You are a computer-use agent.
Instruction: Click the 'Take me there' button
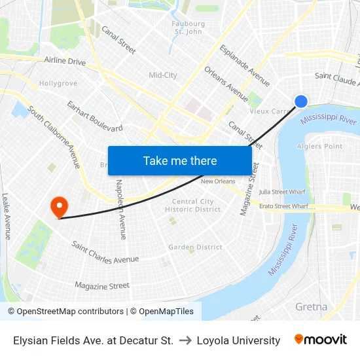coord(180,160)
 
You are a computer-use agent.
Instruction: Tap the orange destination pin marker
coord(60,206)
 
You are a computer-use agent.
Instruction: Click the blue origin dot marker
coord(301,101)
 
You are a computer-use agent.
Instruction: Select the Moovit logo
coord(321,340)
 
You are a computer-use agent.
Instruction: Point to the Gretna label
coord(311,306)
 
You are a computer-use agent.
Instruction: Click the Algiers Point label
coord(319,146)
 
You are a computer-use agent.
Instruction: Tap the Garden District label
coord(195,247)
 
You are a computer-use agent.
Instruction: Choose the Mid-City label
coord(163,75)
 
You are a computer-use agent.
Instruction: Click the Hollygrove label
coord(58,84)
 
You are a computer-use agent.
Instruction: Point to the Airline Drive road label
coord(65,62)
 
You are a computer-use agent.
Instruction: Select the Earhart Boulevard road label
coord(95,116)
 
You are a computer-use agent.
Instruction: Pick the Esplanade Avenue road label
coord(245,65)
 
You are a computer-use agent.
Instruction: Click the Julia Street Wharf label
coord(282,192)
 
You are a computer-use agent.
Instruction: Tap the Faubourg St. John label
coord(187,27)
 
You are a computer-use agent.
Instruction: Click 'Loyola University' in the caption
coord(238,340)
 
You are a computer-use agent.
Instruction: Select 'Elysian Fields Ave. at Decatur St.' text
coord(94,340)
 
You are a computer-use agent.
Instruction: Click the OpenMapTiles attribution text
coord(164,312)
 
